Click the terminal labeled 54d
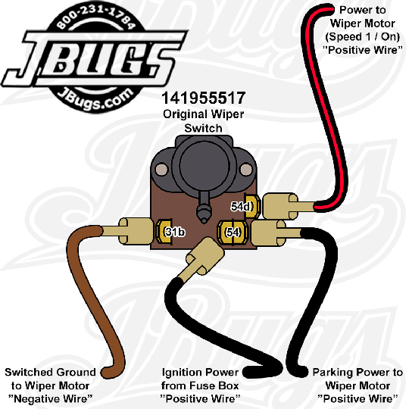pyautogui.click(x=251, y=206)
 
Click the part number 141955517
pyautogui.click(x=204, y=98)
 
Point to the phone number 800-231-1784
pyautogui.click(x=96, y=17)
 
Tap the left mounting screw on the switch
pyautogui.click(x=162, y=169)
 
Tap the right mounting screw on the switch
pyautogui.click(x=245, y=170)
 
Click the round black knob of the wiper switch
pyautogui.click(x=204, y=165)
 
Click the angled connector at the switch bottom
pyautogui.click(x=202, y=258)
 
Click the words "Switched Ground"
pyautogui.click(x=50, y=372)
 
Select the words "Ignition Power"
pyautogui.click(x=200, y=372)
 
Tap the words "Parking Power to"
pyautogui.click(x=357, y=372)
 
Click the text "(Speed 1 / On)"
pyautogui.click(x=363, y=36)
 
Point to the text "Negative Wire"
pyautogui.click(x=50, y=399)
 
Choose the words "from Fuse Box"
pyautogui.click(x=200, y=386)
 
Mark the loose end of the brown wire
pyautogui.click(x=107, y=373)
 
